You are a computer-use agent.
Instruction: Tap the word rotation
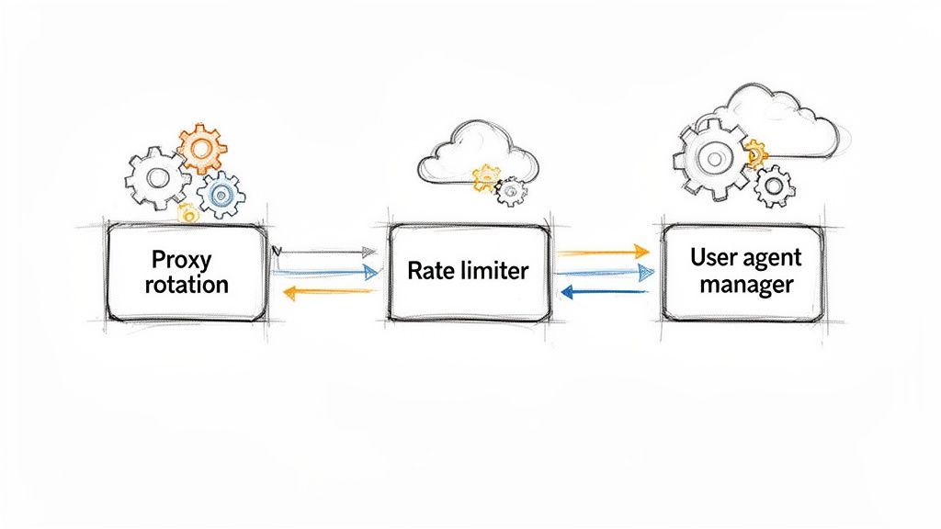[x=187, y=284]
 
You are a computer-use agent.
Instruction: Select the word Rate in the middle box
[x=425, y=271]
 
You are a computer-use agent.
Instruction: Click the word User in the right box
[x=715, y=257]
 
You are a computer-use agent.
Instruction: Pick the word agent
[x=773, y=259]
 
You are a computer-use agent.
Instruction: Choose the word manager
[x=745, y=285]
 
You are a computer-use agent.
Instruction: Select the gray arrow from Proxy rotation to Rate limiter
[x=326, y=251]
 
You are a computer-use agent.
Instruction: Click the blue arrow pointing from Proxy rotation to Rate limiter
[x=326, y=271]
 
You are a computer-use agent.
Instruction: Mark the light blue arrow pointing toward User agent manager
[x=606, y=272]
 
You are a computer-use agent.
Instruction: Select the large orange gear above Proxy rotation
[x=201, y=147]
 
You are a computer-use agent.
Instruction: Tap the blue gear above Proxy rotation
[x=221, y=194]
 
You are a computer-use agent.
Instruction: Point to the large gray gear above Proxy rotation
[x=157, y=177]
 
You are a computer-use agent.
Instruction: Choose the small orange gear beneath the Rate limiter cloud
[x=486, y=177]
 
